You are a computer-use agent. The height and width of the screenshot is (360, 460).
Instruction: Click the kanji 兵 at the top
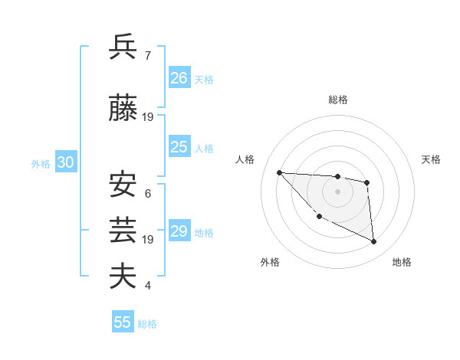point(123,47)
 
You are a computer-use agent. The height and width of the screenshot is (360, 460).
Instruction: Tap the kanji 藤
point(123,110)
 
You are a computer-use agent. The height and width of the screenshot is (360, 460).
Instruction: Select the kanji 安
point(123,185)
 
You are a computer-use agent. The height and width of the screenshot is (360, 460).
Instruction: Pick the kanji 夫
point(123,276)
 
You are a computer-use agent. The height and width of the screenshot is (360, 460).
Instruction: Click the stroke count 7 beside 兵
point(147,56)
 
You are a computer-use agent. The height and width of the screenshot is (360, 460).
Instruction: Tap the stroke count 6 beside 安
point(147,194)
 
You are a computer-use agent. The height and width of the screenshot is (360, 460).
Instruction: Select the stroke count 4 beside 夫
point(147,286)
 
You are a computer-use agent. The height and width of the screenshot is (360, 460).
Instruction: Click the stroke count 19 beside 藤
point(148,117)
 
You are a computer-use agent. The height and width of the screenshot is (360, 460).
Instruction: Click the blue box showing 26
point(179,77)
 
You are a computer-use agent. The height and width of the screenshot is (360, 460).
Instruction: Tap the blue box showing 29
point(179,231)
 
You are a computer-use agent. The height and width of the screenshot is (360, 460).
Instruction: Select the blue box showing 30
point(65,162)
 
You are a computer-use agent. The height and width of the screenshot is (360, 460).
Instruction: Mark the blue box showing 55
point(123,322)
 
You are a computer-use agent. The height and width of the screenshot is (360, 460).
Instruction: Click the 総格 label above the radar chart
point(338,100)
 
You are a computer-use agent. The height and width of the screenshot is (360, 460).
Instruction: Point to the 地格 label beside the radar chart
point(402,263)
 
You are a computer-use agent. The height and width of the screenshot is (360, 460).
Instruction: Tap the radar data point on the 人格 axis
point(279,172)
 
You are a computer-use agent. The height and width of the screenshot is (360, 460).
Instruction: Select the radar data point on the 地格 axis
point(374,242)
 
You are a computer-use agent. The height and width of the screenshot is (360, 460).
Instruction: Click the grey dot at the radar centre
point(337,191)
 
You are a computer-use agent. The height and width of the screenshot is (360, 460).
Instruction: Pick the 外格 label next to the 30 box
point(41,163)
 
